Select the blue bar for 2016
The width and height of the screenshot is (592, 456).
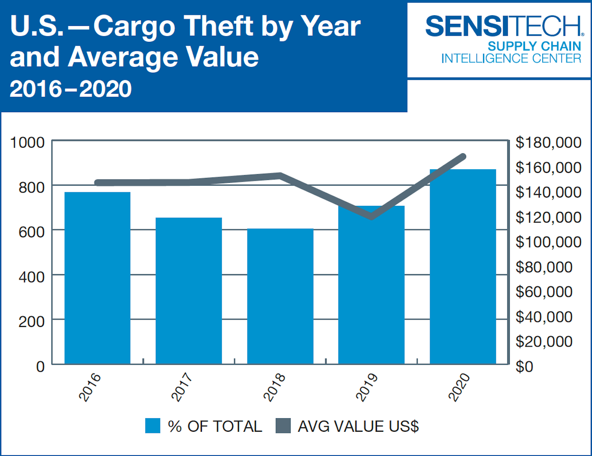tap(97, 278)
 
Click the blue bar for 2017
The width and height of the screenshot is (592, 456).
tap(189, 290)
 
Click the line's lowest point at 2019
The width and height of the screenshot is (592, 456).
tap(372, 216)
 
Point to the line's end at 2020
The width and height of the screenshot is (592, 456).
tap(463, 157)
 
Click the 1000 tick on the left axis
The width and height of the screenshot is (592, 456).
tap(27, 143)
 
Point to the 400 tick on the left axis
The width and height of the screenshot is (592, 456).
tap(31, 277)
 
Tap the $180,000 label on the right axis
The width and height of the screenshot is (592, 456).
tap(548, 143)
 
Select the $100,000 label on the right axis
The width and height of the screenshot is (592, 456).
tap(548, 242)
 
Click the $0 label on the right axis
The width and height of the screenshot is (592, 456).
tap(525, 366)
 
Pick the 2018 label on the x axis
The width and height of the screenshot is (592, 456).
tap(274, 387)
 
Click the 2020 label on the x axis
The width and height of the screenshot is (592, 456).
tap(459, 387)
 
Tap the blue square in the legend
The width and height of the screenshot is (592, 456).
tap(153, 426)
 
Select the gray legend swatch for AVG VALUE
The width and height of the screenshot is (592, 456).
tap(283, 426)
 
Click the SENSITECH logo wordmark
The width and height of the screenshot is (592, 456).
tap(504, 26)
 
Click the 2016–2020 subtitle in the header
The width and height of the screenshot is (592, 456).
tap(70, 89)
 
